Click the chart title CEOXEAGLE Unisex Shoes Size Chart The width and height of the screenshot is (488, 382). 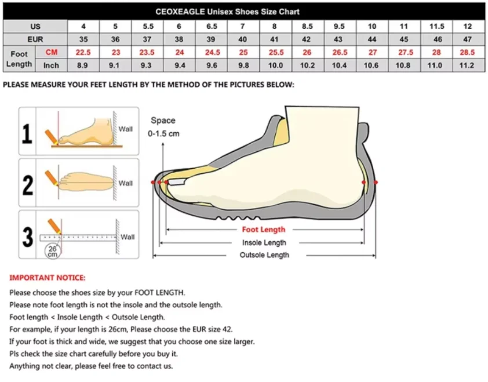pos(227,12)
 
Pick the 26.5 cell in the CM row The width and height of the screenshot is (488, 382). pos(340,53)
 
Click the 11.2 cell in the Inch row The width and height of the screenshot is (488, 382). pos(468,66)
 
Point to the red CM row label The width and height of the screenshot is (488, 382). pos(52,53)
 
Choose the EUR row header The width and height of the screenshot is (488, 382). pos(35,39)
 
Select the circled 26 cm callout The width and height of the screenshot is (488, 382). pos(53,251)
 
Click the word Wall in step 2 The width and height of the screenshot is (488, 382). pos(126,183)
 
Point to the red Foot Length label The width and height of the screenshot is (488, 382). pos(264,230)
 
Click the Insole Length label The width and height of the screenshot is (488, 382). pos(264,242)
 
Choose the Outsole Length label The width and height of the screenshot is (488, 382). pos(264,255)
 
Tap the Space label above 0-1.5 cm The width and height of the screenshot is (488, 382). pos(163,121)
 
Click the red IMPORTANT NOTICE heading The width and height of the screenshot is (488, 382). pos(48,278)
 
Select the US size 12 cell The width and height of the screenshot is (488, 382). pos(468,27)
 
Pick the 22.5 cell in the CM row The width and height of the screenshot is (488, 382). pos(83,53)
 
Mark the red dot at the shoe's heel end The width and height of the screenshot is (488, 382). pos(376,182)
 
